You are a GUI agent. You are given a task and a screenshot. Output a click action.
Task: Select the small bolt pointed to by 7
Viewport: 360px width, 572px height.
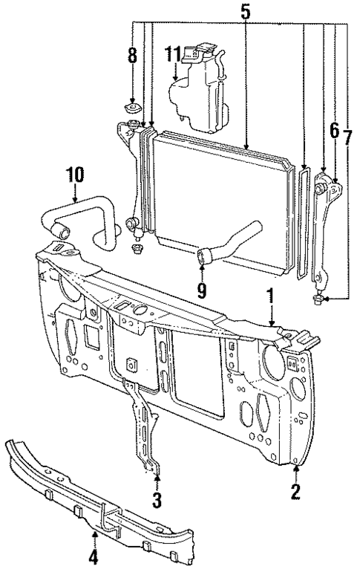point(318,300)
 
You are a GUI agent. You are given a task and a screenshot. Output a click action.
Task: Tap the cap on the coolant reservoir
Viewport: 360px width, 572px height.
point(195,51)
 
